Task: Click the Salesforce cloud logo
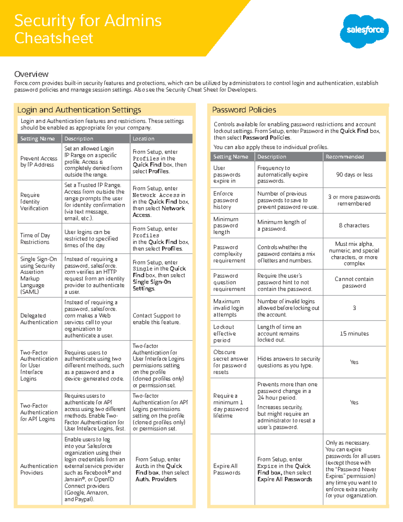point(364,30)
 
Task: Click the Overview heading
point(31,74)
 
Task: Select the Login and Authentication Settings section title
point(79,110)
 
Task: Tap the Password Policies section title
point(244,110)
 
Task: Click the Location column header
point(143,138)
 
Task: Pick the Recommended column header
point(345,157)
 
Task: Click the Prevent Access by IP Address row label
point(39,161)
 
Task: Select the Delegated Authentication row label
point(39,319)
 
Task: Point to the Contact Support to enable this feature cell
point(156,319)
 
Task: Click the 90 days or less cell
point(354,174)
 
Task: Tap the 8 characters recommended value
point(354,226)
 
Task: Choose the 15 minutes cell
point(354,333)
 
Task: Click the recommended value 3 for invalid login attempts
point(354,308)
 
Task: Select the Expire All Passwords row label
point(227,469)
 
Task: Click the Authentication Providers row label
point(39,469)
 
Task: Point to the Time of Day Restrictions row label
point(35,239)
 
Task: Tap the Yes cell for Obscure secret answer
point(354,362)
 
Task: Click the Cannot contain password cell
point(354,282)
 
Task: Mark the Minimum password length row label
point(226,226)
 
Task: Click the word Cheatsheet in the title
point(54,38)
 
